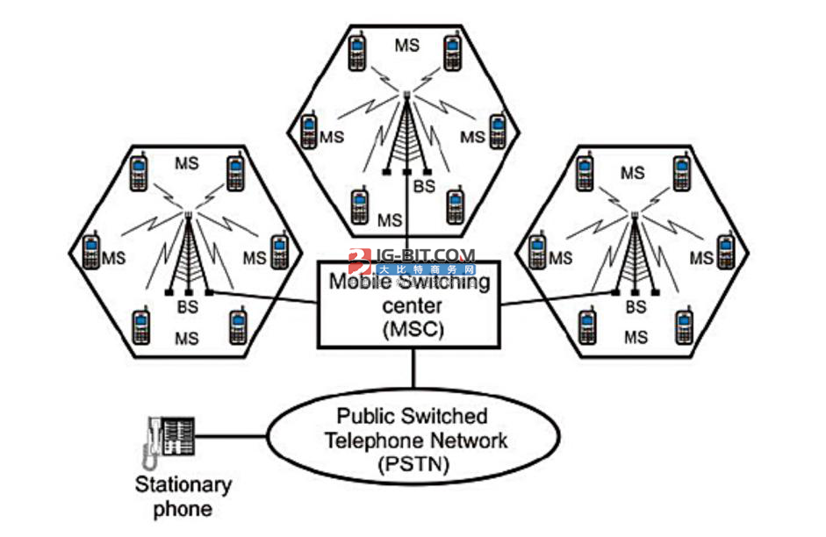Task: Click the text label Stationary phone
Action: [183, 496]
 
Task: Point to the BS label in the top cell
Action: [425, 186]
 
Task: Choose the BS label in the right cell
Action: [636, 308]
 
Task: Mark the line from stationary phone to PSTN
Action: [230, 434]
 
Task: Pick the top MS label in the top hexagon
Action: [406, 41]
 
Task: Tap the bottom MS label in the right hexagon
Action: [636, 336]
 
